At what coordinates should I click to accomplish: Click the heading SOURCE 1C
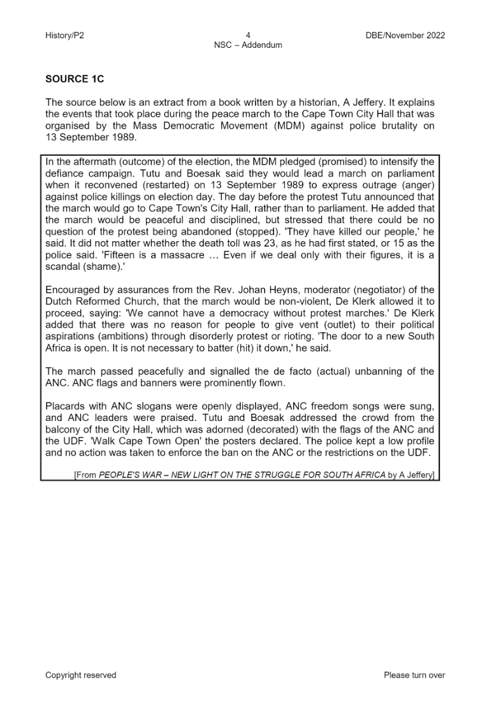point(75,79)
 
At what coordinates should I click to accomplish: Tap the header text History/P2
point(64,35)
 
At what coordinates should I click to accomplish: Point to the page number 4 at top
point(248,35)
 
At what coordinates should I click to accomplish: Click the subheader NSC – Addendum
point(248,45)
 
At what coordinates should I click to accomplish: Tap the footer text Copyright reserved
point(80,675)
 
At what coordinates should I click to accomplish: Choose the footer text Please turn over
point(414,675)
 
